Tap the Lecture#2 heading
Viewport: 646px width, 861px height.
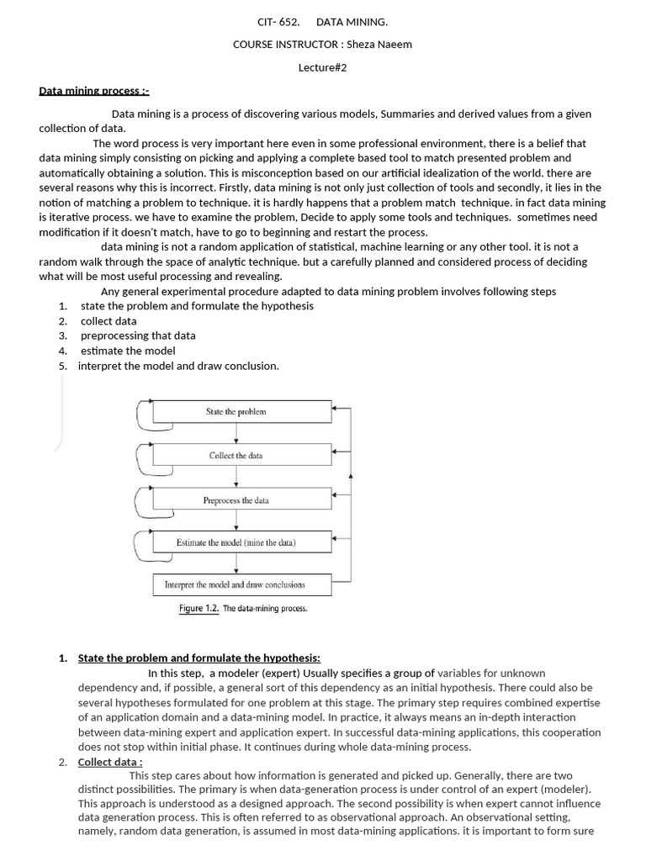(322, 67)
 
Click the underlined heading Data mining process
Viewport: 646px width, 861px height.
(93, 90)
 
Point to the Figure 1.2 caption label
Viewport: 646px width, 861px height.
(199, 608)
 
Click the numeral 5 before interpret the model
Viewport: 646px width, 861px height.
(62, 366)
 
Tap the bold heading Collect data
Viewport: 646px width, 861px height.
(109, 763)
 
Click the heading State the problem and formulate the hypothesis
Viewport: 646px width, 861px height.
(199, 658)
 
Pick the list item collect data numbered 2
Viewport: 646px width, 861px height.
(109, 320)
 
